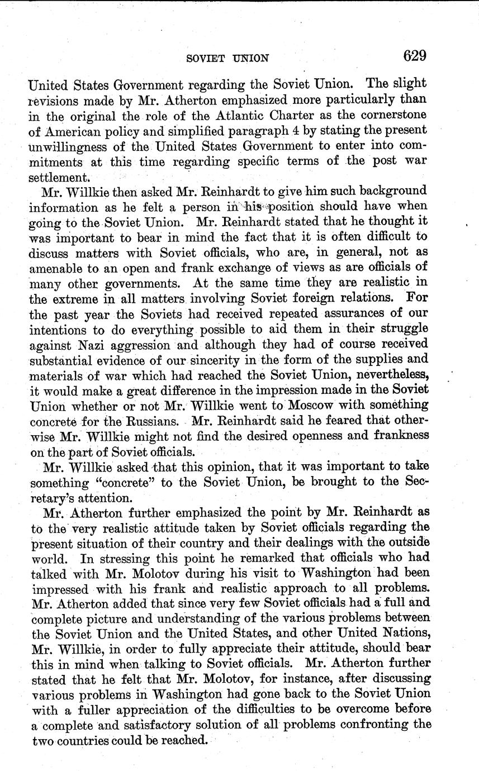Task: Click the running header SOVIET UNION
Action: click(x=227, y=58)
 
